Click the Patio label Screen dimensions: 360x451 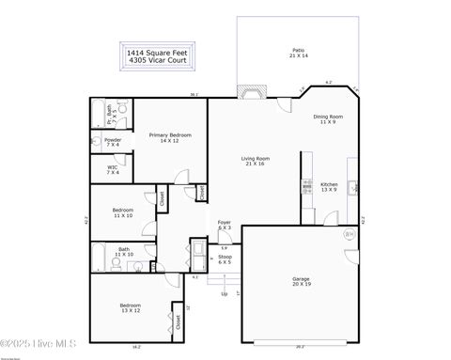298,54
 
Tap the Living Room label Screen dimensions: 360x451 256,162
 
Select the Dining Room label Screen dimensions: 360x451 328,119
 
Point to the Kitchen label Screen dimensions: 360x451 329,186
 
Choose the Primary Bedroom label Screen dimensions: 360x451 170,137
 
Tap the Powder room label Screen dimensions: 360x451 113,142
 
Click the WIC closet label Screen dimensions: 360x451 113,170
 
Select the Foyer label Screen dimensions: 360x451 225,225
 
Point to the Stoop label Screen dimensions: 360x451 225,258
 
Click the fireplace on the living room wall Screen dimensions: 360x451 250,92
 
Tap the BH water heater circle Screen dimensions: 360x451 350,234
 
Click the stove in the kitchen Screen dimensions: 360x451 307,186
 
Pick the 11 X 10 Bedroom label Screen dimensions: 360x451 123,212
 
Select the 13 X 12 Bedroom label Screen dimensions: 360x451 130,308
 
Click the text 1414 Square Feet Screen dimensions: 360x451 156,54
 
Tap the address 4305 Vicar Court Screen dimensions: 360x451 156,61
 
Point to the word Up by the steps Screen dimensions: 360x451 224,294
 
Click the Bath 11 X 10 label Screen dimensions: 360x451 123,251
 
